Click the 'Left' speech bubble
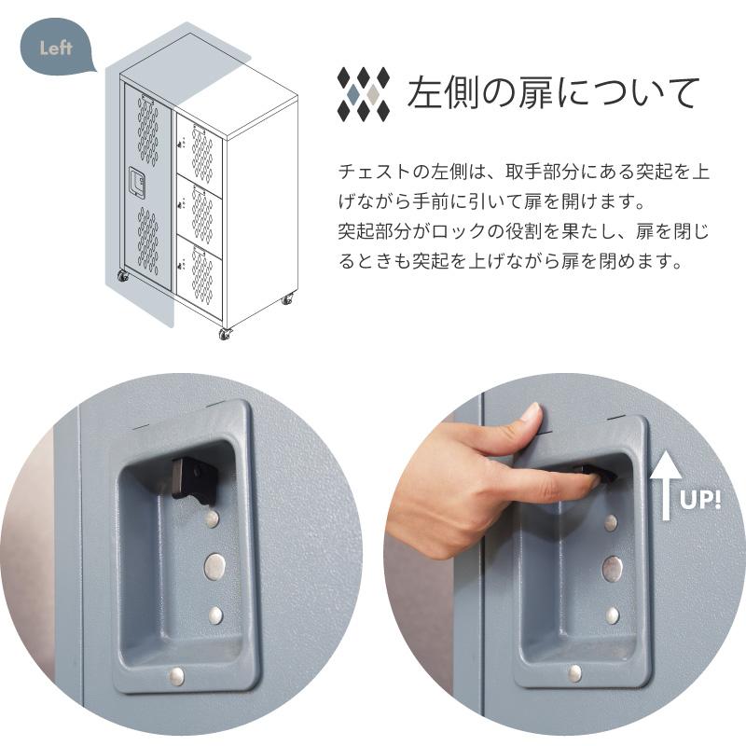(x=57, y=48)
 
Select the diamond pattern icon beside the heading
(x=363, y=93)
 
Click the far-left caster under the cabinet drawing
(x=122, y=276)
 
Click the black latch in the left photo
(x=193, y=478)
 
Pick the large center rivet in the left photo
(x=214, y=565)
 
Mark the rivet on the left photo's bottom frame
(x=175, y=675)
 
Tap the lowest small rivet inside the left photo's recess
(x=215, y=615)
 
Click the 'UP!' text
(x=700, y=500)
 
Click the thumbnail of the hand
(x=529, y=414)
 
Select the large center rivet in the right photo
(x=612, y=568)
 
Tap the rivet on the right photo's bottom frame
(x=574, y=672)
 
